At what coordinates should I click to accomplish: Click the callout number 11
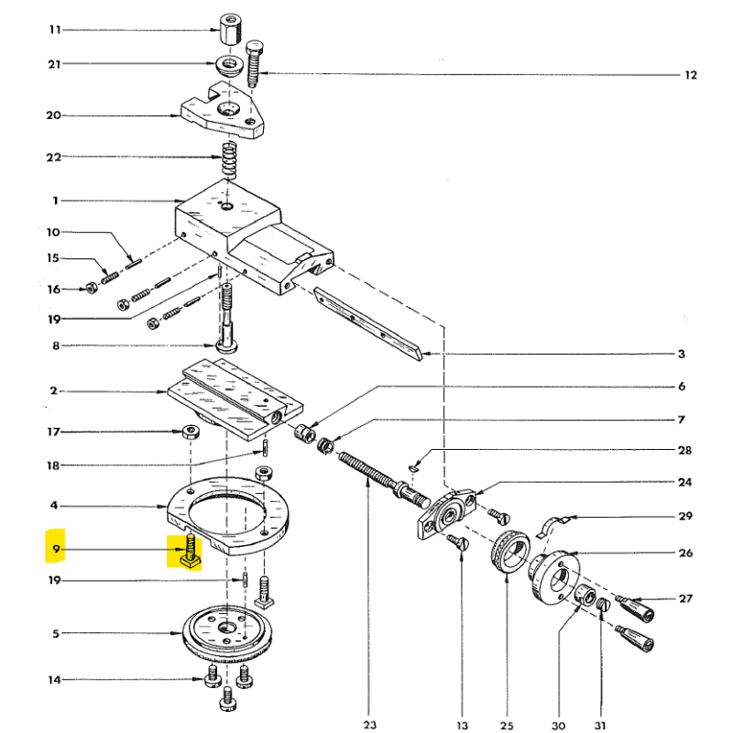54,30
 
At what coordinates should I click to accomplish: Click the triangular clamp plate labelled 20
224,114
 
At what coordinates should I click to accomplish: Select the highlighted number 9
56,550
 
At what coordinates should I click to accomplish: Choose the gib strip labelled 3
366,321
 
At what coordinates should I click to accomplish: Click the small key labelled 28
413,466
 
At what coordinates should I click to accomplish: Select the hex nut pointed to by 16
92,290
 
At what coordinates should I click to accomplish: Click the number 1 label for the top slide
55,201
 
